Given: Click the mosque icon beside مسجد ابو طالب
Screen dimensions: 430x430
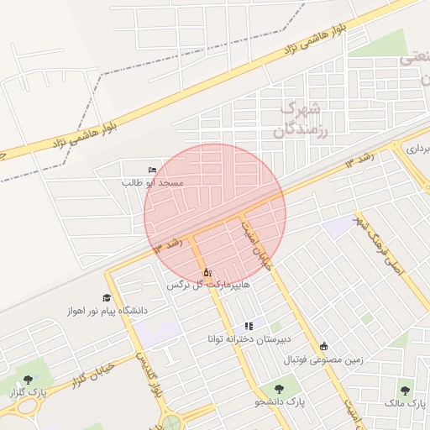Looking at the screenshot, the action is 152,170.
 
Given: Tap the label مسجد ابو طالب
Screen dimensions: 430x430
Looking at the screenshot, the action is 153,182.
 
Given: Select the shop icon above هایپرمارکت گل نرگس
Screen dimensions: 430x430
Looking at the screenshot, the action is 207,272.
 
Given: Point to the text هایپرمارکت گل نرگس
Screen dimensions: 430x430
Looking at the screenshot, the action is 207,286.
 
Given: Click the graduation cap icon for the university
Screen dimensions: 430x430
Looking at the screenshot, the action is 107,298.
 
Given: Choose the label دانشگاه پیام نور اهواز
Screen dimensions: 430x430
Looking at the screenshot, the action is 107,311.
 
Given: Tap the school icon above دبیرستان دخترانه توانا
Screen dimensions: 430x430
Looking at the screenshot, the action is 248,326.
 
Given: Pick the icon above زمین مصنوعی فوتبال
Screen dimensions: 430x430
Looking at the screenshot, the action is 324,347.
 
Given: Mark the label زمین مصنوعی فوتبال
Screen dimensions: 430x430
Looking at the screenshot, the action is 322,360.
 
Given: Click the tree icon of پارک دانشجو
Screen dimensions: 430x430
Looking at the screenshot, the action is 279,389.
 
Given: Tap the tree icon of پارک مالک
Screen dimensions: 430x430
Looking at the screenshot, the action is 406,391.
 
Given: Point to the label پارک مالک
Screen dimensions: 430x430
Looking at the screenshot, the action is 405,405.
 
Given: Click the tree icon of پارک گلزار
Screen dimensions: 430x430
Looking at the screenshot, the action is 29,380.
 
